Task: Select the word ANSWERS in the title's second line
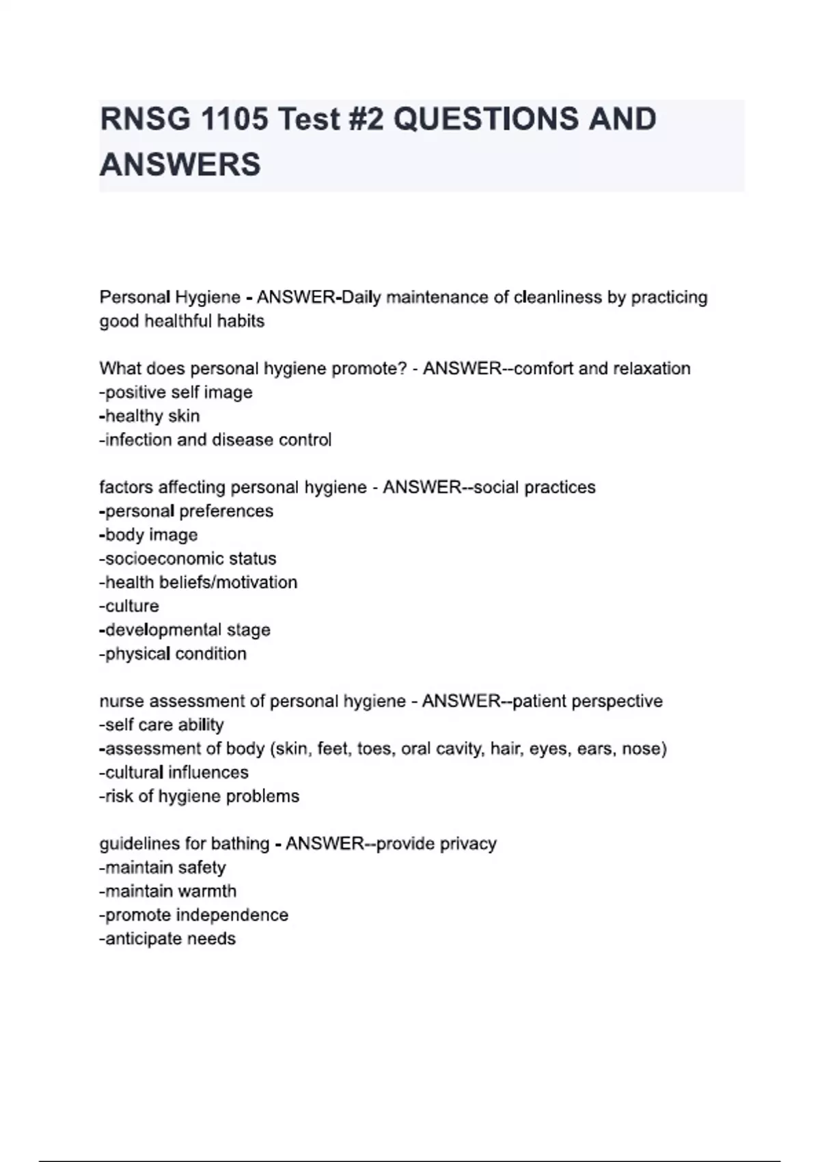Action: [x=180, y=165]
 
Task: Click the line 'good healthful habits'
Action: [x=182, y=321]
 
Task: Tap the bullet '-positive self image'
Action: [x=176, y=392]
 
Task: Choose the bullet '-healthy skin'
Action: [x=150, y=416]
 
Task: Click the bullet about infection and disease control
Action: [x=215, y=440]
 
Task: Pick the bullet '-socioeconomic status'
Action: [x=188, y=558]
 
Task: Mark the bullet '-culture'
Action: [x=129, y=606]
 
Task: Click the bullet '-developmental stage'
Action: [x=185, y=630]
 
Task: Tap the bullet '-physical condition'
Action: [x=173, y=654]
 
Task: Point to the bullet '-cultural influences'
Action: [x=174, y=772]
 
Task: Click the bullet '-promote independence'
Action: [x=194, y=915]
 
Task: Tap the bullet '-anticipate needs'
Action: [x=167, y=939]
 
